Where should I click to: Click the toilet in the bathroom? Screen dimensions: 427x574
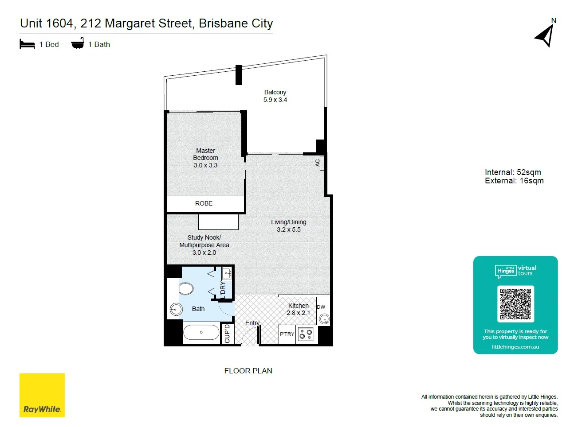186,289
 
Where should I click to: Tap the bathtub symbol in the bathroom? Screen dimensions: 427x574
201,332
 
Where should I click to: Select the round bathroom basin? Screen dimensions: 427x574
176,309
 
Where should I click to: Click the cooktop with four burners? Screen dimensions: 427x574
305,334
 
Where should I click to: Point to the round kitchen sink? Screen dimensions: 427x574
324,318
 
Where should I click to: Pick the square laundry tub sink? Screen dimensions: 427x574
227,273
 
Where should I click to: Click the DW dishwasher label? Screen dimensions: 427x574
321,307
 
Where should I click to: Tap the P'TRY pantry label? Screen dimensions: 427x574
287,334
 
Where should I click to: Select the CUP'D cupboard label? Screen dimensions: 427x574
227,334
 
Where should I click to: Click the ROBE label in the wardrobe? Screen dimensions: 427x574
204,203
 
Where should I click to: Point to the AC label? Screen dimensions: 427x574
318,163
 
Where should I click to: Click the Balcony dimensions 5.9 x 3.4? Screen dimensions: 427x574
275,100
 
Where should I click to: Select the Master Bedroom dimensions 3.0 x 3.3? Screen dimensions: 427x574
205,165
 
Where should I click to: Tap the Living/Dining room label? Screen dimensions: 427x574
289,222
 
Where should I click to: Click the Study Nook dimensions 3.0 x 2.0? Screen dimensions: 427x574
204,252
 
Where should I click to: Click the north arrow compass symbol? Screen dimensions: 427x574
546,35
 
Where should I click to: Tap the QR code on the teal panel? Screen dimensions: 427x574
515,304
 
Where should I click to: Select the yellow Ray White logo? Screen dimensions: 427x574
42,395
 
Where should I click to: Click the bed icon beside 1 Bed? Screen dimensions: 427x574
27,44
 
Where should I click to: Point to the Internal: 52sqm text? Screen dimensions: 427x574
513,172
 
